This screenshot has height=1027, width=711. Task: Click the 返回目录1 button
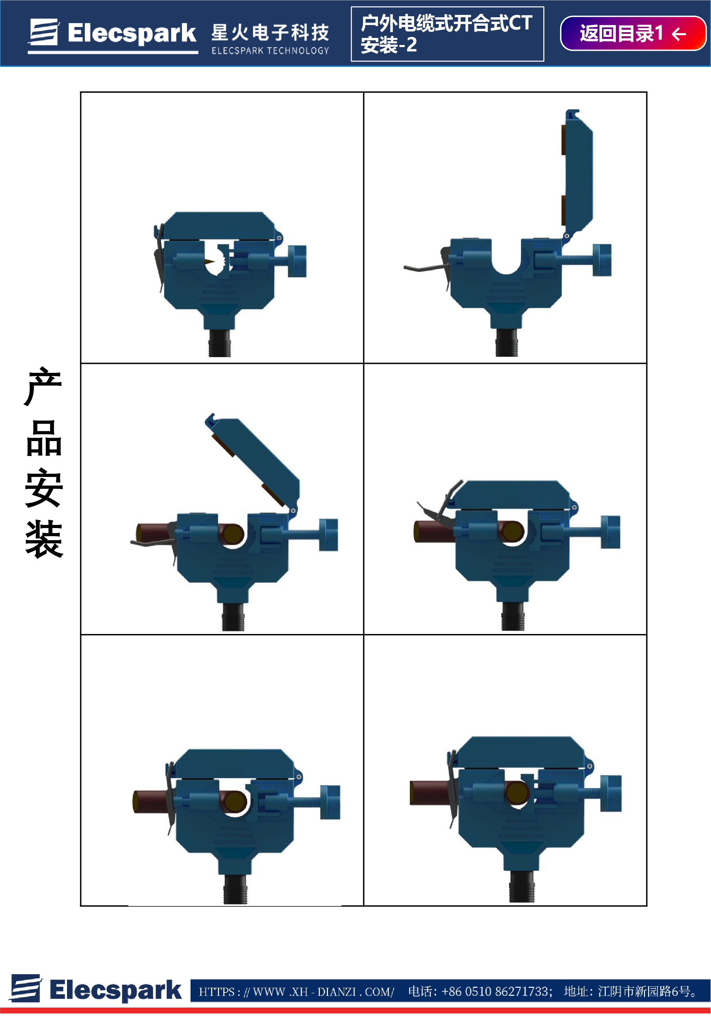632,34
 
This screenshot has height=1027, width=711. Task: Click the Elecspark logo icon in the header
44,32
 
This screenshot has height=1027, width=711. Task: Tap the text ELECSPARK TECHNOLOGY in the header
270,51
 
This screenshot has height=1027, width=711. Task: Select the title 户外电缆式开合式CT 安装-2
447,34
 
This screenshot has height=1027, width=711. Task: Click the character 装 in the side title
44,539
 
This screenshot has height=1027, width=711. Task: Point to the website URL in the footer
296,992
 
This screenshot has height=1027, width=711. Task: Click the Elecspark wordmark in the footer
115,990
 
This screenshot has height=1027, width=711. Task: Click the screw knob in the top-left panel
297,261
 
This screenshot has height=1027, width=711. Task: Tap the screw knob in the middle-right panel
610,532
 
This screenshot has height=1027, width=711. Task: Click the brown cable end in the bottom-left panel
152,802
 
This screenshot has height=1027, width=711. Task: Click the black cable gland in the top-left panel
220,343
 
